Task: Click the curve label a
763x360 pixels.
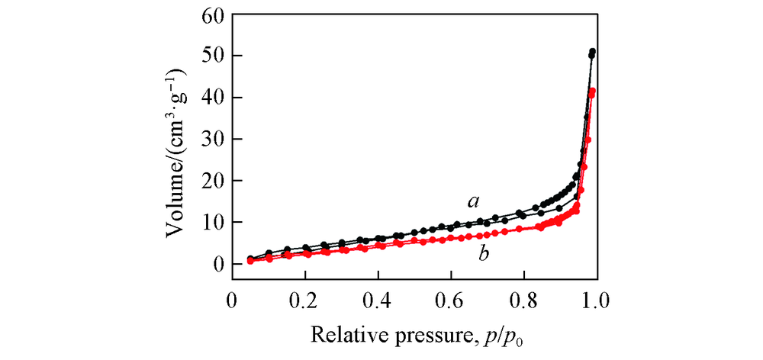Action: (x=474, y=202)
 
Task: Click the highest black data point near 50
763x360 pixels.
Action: (x=593, y=52)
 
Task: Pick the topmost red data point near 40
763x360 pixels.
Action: (x=592, y=92)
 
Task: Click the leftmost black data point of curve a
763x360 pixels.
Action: (x=250, y=259)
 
